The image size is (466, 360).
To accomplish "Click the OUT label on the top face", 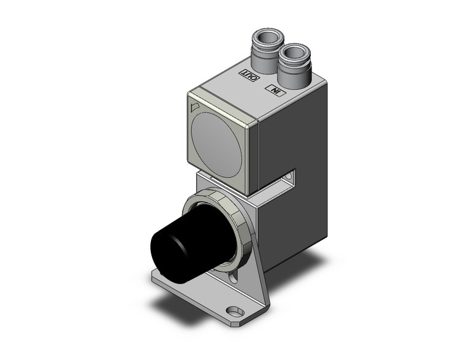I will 250,76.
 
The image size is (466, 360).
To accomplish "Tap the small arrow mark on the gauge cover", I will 196,108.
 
